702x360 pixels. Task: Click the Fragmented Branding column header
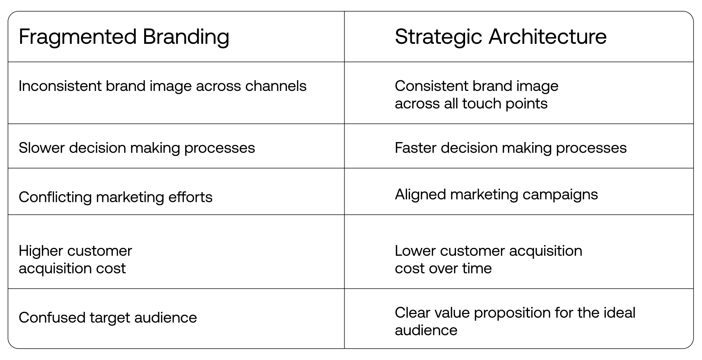tap(124, 37)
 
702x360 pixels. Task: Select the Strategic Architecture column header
tap(500, 37)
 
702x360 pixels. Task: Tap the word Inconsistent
tap(60, 86)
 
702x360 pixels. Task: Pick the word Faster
tap(415, 148)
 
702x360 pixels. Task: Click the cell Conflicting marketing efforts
tap(115, 197)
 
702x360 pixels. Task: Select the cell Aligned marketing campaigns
tap(496, 195)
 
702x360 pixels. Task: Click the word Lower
tap(415, 251)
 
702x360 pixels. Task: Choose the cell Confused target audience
tap(108, 318)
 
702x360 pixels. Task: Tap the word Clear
tap(412, 313)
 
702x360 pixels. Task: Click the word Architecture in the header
tap(547, 37)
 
